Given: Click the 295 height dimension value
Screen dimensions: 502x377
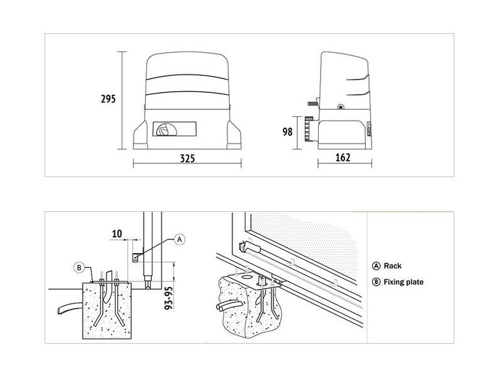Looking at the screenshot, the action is [x=108, y=99].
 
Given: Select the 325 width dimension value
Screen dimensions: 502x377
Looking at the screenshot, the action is [x=187, y=158].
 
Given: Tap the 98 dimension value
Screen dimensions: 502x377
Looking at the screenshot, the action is [x=287, y=132].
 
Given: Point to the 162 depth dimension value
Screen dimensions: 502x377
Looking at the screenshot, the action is [x=343, y=158].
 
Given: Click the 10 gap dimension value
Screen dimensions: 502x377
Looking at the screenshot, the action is [x=117, y=234].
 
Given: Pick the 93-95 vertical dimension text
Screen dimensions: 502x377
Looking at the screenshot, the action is [x=168, y=298].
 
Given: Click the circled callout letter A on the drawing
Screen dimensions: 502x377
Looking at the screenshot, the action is [x=179, y=239].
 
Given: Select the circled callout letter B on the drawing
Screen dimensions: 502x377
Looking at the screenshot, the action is [x=79, y=268].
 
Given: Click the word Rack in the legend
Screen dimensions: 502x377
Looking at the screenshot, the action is [x=393, y=266].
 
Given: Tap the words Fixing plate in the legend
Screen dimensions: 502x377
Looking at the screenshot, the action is [x=403, y=282].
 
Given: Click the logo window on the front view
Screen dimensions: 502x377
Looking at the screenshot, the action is [x=174, y=129].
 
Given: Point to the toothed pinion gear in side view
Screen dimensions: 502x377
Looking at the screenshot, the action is [x=308, y=129].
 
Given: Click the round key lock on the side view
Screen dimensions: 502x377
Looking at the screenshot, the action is [x=340, y=107].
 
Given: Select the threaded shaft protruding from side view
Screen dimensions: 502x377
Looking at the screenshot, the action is [x=312, y=103].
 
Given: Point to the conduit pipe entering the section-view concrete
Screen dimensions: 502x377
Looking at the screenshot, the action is [x=70, y=308].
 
